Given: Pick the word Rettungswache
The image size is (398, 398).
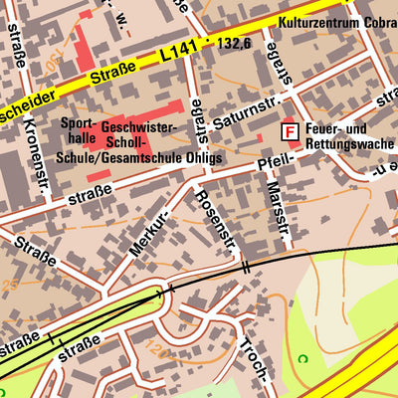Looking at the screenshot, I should (x=348, y=144).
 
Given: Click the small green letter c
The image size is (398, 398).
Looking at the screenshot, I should (x=305, y=359).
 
